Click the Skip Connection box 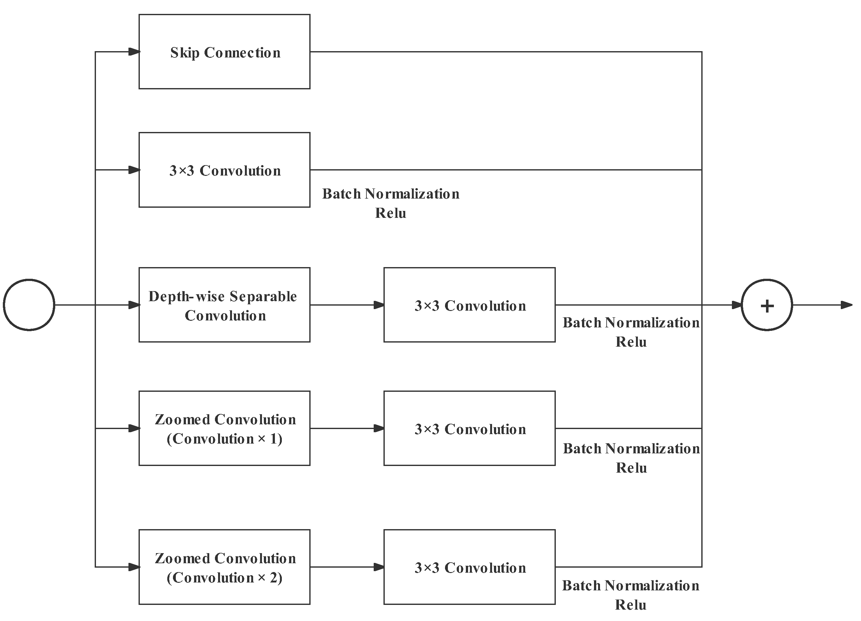(224, 52)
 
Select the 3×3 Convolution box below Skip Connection (224, 170)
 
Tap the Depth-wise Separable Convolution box (224, 305)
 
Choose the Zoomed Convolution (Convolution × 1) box (224, 428)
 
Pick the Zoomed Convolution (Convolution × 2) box (224, 567)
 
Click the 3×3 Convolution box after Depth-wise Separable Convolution (469, 305)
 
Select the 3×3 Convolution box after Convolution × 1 (469, 428)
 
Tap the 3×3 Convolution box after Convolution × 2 (469, 567)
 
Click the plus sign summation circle (767, 305)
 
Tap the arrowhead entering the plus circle (736, 305)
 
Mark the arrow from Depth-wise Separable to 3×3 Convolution (347, 305)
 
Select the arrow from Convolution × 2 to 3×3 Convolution (347, 567)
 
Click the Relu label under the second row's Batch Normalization (391, 213)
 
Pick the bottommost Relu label (631, 605)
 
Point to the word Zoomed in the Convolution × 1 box (182, 420)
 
